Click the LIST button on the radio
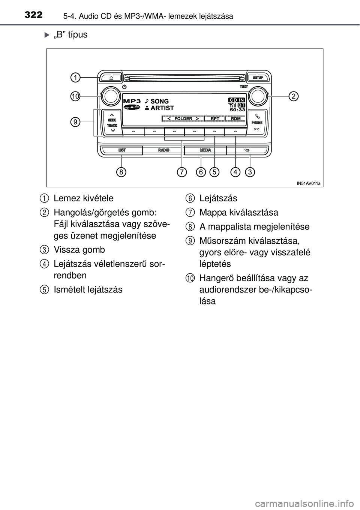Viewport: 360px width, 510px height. tap(122, 150)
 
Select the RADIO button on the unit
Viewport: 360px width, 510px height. tap(163, 150)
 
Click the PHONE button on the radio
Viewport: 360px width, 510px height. tap(257, 120)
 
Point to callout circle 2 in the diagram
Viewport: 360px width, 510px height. tap(294, 96)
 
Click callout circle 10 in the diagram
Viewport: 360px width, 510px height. tap(76, 96)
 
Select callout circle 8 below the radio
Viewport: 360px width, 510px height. tap(121, 172)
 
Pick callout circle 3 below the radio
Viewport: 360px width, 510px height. tap(250, 172)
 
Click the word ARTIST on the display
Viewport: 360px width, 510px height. tap(162, 108)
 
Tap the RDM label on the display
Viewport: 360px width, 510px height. tap(236, 118)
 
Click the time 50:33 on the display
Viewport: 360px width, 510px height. tap(237, 110)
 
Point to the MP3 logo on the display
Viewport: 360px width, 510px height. tap(132, 101)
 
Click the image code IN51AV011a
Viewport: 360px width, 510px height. tap(308, 183)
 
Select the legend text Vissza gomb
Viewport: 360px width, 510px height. tap(79, 250)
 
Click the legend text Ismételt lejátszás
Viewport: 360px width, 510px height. tap(88, 289)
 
